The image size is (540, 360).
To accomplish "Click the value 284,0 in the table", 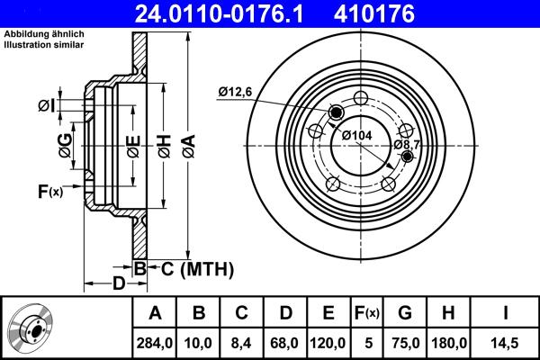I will click(x=154, y=342).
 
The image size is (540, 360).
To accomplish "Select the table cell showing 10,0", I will click(x=200, y=342).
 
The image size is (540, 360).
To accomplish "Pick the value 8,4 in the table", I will click(x=242, y=342).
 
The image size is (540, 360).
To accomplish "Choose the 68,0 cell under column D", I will click(x=285, y=342).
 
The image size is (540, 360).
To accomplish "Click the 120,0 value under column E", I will click(x=328, y=342).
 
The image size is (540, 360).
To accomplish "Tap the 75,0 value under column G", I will click(x=405, y=342).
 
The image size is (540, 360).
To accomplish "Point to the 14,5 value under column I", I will click(x=506, y=342).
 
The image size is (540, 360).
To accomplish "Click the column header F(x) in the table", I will click(x=366, y=313).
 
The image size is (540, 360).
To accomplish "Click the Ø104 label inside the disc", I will click(x=357, y=135).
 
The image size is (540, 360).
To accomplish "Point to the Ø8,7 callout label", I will click(x=408, y=144).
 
